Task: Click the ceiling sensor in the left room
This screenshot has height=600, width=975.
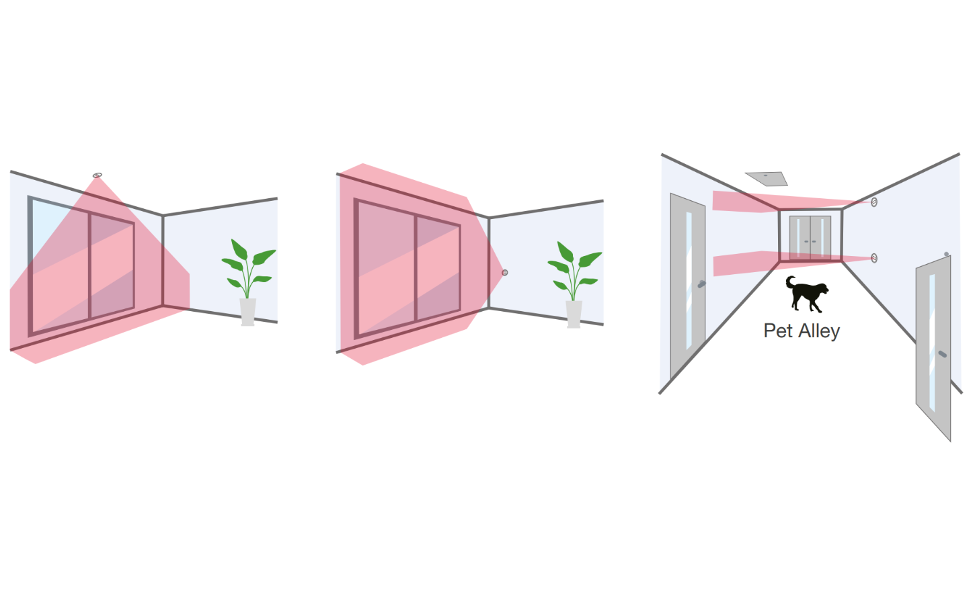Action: (x=97, y=175)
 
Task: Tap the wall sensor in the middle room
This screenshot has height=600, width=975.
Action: (x=505, y=273)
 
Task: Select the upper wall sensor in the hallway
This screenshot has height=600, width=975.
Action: (x=874, y=202)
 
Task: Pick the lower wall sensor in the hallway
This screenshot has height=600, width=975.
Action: (x=874, y=258)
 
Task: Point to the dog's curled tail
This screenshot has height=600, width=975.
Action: (x=789, y=281)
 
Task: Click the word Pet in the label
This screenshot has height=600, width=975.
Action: (x=778, y=331)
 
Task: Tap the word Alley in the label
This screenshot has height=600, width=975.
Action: (x=819, y=331)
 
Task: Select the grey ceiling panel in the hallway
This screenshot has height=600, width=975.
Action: (x=767, y=179)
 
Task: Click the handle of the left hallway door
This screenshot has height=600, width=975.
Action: (x=701, y=284)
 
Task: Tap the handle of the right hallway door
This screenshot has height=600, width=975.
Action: (x=943, y=354)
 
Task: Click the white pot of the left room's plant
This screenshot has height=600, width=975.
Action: (x=247, y=312)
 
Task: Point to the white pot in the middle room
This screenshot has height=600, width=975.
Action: (x=574, y=314)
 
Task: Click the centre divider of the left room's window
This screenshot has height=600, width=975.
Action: (x=89, y=265)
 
